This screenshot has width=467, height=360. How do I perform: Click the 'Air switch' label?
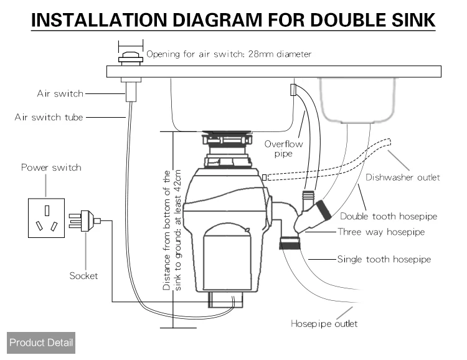[x=59, y=94]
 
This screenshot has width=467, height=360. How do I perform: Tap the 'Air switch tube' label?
[x=49, y=116]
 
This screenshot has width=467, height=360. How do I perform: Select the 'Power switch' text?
[x=51, y=168]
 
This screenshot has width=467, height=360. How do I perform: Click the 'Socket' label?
[x=83, y=275]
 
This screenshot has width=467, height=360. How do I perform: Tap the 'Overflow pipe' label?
[x=283, y=149]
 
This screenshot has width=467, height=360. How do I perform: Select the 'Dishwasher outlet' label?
[x=402, y=178]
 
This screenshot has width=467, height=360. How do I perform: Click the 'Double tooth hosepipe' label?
[x=388, y=217]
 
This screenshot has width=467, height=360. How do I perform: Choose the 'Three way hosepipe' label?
[x=380, y=232]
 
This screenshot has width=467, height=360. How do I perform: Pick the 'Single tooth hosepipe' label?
[x=384, y=259]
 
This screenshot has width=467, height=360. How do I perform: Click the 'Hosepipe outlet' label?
[x=324, y=324]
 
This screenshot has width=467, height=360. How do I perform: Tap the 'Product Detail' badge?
[x=41, y=343]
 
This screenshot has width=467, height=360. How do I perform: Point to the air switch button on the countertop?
[x=130, y=59]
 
